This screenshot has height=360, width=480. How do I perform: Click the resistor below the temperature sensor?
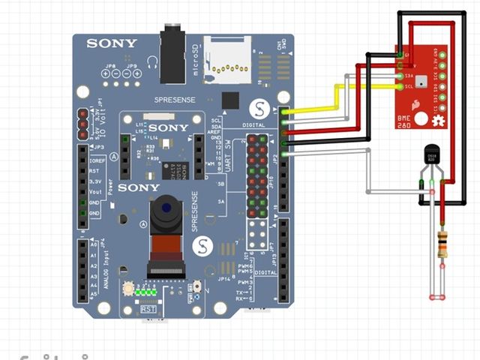pyautogui.click(x=442, y=244)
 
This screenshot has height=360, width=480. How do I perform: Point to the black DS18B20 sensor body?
pyautogui.click(x=430, y=154)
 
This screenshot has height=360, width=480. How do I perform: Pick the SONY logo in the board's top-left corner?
pyautogui.click(x=112, y=43)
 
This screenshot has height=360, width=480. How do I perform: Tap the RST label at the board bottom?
pyautogui.click(x=148, y=308)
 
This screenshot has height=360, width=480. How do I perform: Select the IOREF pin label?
pyautogui.click(x=95, y=160)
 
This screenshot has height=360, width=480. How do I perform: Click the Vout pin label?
pyautogui.click(x=95, y=192)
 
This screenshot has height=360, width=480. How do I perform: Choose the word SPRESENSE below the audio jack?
pyautogui.click(x=174, y=100)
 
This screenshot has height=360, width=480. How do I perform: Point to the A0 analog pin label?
pyautogui.click(x=93, y=244)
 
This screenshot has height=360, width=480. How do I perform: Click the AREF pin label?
pyautogui.click(x=216, y=136)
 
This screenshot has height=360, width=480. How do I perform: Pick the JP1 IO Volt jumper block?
pyautogui.click(x=81, y=122)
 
